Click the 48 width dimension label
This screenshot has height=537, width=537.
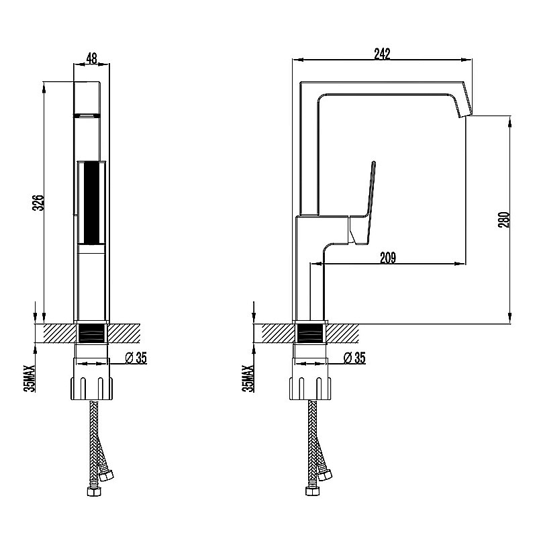pos(91,58)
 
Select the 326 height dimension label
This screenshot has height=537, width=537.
pos(39,203)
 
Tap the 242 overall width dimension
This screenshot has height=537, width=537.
pos(382,54)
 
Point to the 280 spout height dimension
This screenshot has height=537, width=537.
pos(505,219)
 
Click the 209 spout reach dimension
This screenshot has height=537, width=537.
pos(388,258)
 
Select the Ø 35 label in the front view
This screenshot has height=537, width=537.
pos(136,358)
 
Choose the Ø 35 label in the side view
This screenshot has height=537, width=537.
pos(354,358)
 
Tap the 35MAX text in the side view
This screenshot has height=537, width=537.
pos(248,379)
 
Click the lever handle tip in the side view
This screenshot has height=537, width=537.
pos(374,162)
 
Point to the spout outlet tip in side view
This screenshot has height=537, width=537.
pos(466,115)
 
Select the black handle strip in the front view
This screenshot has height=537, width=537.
pos(91,203)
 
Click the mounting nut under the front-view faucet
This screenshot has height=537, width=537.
pos(91,389)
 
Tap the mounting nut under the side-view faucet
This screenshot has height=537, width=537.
pos(311,389)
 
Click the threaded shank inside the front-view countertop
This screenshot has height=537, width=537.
pos(91,333)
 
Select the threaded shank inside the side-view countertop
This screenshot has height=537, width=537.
pos(310,333)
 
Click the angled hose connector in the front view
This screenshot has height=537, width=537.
pos(105,475)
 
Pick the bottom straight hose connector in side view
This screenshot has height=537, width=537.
pos(312,491)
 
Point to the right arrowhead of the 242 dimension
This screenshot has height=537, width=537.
pos(465,60)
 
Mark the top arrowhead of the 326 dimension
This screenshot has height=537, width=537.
pos(44,88)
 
